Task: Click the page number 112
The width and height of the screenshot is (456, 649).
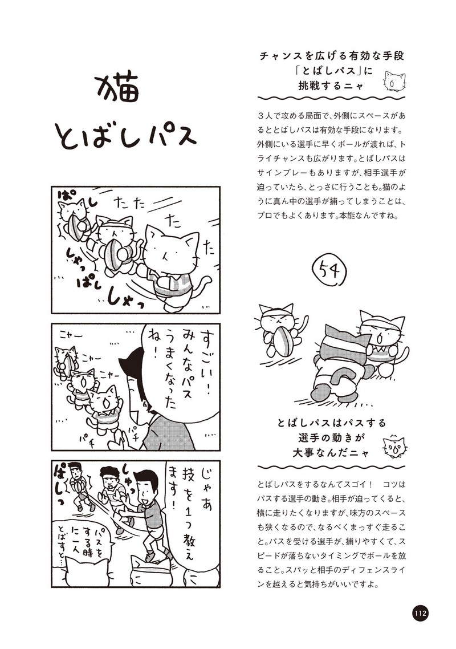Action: coord(419,614)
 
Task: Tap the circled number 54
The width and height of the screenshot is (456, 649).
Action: coord(330,271)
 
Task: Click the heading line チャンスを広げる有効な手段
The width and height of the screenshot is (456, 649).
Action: coord(331,56)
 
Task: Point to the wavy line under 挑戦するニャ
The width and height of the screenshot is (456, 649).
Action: coord(331,99)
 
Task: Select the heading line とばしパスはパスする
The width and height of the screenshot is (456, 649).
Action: coord(331,423)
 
